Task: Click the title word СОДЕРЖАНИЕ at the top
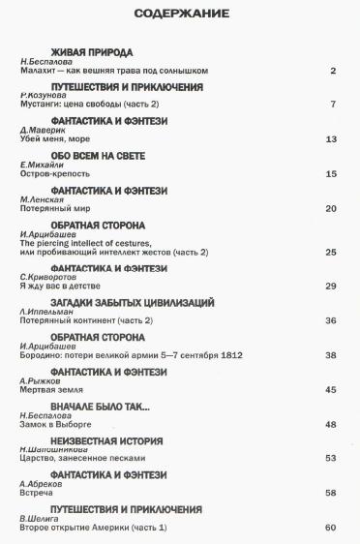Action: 181,14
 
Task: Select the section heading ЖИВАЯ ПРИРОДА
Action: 91,51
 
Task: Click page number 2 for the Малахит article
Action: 332,71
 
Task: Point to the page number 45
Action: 330,390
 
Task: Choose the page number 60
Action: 330,528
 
